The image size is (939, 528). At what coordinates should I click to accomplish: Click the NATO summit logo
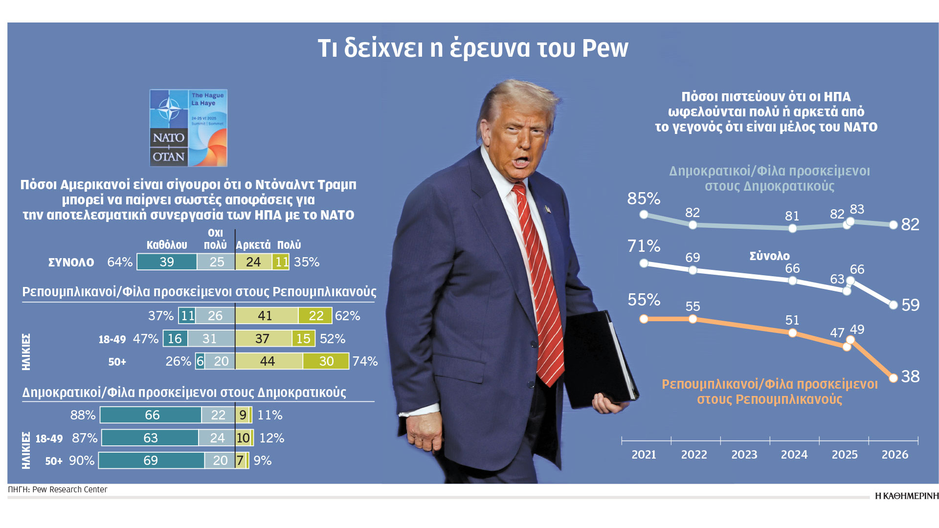[x=188, y=128]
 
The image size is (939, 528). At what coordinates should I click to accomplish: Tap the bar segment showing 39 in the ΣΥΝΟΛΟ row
[x=167, y=262]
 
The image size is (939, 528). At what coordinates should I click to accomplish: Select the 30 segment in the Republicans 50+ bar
[x=326, y=361]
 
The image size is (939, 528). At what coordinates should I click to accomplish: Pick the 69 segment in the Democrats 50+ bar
[x=151, y=461]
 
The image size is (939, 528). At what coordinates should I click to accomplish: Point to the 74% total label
[x=365, y=361]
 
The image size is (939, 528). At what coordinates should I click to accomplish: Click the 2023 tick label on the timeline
[x=744, y=455]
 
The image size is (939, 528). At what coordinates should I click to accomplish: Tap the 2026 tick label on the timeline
[x=894, y=455]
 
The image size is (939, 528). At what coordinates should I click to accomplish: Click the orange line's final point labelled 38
[x=894, y=378]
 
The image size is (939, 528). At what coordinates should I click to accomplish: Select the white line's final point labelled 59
[x=894, y=305]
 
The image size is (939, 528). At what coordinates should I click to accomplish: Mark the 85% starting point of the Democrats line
[x=644, y=215]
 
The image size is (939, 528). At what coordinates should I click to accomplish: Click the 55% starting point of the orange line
[x=644, y=319]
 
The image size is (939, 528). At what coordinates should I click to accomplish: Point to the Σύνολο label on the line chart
[x=769, y=256]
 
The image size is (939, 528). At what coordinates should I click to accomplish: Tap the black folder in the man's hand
[x=599, y=359]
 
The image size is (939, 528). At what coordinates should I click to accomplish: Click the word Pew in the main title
[x=605, y=48]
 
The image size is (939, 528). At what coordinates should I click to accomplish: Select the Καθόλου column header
[x=167, y=245]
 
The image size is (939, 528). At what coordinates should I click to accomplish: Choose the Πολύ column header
[x=289, y=245]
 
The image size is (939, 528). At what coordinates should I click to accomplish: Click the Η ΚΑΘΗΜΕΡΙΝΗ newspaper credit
[x=907, y=496]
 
